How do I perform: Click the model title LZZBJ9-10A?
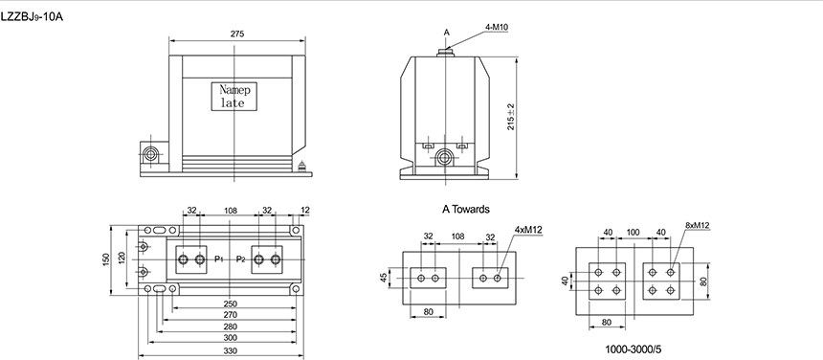(x=32, y=17)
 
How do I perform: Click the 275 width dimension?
(x=237, y=34)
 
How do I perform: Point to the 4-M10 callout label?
(x=497, y=27)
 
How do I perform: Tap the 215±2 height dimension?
(x=511, y=117)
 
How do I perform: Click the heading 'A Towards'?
(x=465, y=210)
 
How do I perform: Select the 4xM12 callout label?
(x=528, y=230)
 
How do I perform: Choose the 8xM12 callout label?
(x=697, y=226)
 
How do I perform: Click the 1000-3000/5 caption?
(x=633, y=349)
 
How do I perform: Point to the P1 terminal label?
(x=219, y=259)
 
